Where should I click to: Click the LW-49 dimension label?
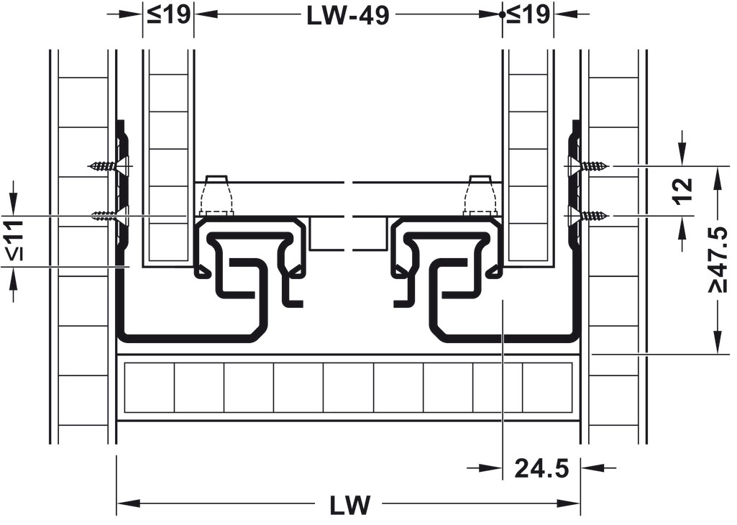pos(347,16)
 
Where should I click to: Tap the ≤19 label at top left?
pos(168,14)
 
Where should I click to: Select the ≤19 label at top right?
pos(528,14)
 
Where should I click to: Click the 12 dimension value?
pos(683,190)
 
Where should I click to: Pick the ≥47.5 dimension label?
pos(719,258)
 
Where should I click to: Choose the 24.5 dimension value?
pos(541,469)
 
